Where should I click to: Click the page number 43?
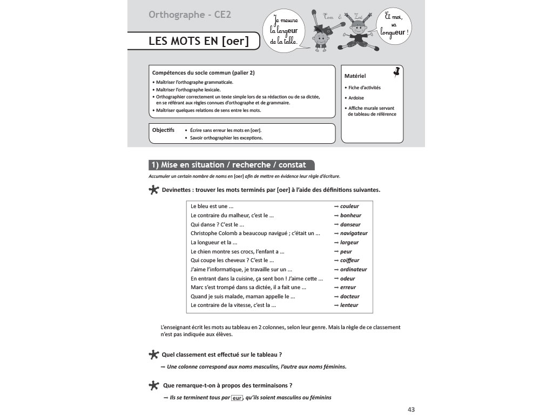(411, 410)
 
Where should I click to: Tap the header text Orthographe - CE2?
(190, 15)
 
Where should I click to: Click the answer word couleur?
(349, 206)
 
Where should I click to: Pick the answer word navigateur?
(353, 233)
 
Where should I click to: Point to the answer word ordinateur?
(353, 269)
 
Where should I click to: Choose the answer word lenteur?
(349, 305)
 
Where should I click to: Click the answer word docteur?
(349, 296)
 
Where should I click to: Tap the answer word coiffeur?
(349, 260)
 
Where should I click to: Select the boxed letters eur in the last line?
(237, 398)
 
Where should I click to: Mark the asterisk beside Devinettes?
(153, 190)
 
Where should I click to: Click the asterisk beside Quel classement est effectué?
(153, 354)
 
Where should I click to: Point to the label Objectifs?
(163, 130)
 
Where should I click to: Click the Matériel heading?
(355, 76)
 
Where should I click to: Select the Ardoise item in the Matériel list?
(356, 98)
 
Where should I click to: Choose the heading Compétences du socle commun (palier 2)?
(204, 72)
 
